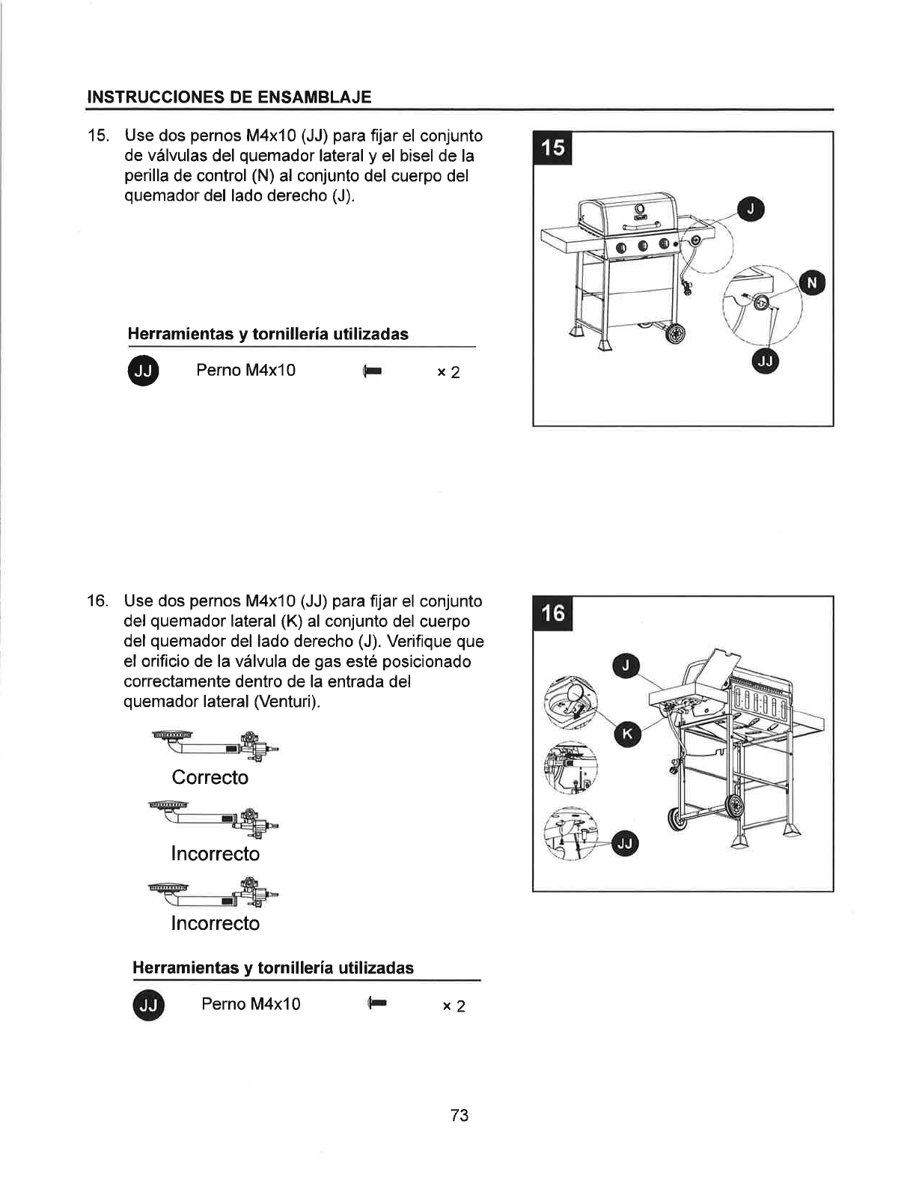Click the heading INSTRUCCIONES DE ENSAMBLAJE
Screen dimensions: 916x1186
229,97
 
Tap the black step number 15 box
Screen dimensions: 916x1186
552,148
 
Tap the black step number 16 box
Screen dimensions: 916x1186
552,613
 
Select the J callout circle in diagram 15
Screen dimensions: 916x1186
751,211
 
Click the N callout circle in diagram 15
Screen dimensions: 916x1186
812,283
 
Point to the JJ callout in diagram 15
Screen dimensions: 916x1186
766,362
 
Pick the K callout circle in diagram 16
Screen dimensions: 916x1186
627,734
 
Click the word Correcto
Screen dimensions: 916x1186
210,778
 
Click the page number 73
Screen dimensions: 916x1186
459,1116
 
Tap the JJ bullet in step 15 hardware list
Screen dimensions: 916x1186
144,371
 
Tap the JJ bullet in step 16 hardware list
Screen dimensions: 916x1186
148,1006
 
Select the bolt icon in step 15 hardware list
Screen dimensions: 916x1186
372,371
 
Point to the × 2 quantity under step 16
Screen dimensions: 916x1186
454,1006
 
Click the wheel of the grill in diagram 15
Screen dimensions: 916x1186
677,333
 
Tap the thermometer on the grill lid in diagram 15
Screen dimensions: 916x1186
640,208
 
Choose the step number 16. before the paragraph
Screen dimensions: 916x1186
97,601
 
